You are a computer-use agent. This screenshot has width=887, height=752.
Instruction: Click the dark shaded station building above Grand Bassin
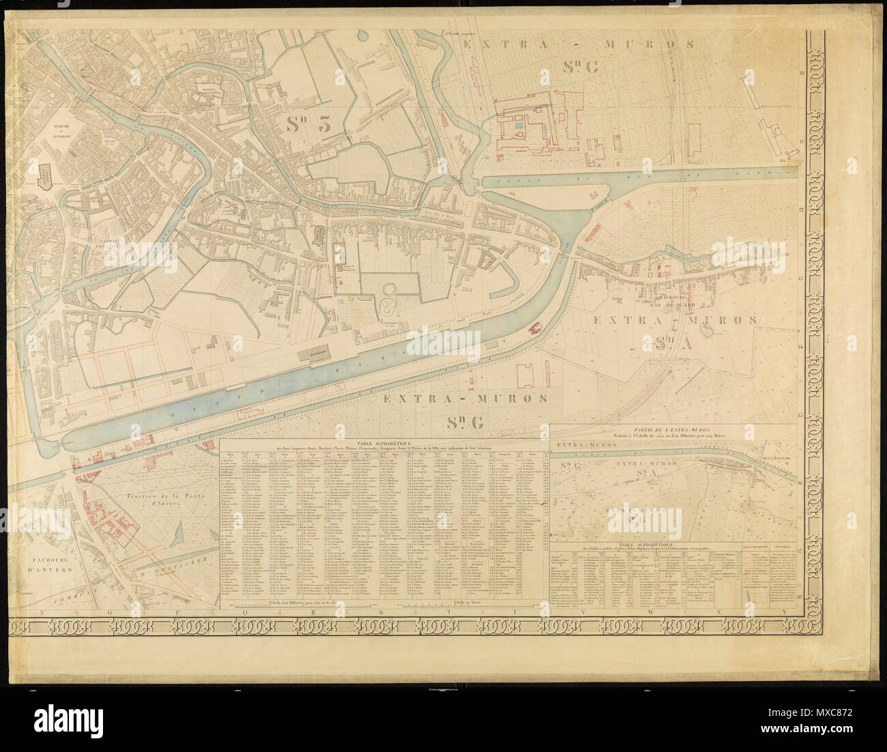[317, 355]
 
